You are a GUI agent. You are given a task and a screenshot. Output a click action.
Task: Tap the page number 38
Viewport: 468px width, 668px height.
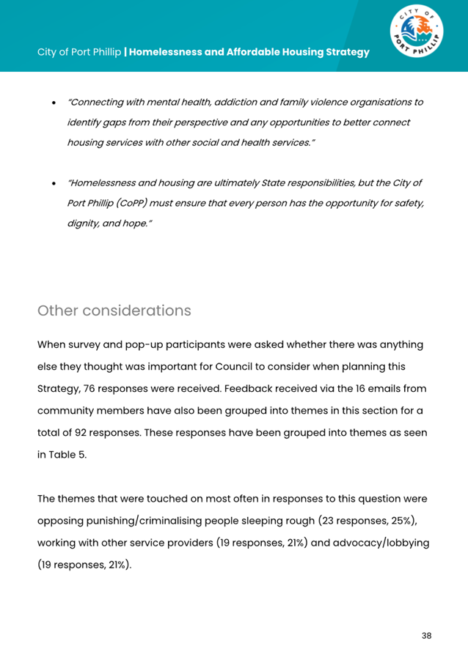coord(426,635)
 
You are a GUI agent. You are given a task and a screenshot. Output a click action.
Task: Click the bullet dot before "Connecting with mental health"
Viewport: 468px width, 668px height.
coord(55,103)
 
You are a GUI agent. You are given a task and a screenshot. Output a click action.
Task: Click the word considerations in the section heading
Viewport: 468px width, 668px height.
coord(134,311)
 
